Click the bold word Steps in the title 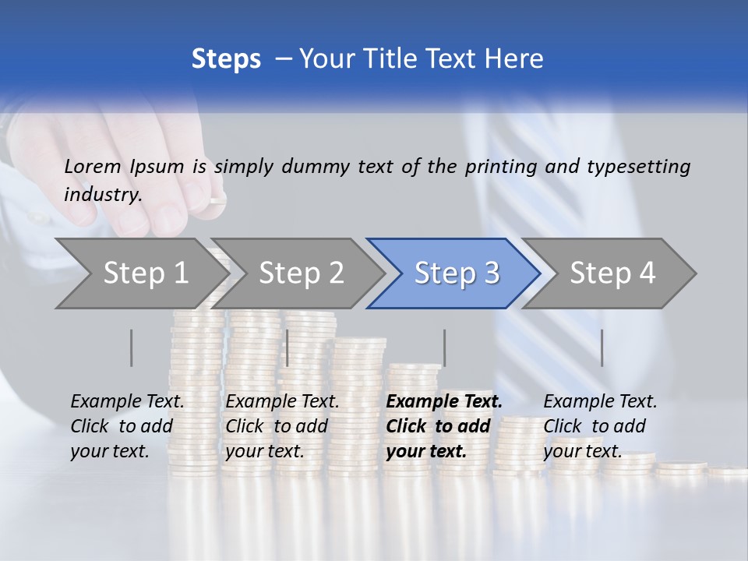226,58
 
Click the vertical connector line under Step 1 131,348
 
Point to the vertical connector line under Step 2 287,348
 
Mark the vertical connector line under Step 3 444,348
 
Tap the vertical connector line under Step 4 602,348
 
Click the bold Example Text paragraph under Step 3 444,426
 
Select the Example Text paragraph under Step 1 127,426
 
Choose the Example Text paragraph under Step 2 282,426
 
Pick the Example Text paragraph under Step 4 600,426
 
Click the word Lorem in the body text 93,166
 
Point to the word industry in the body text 102,194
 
